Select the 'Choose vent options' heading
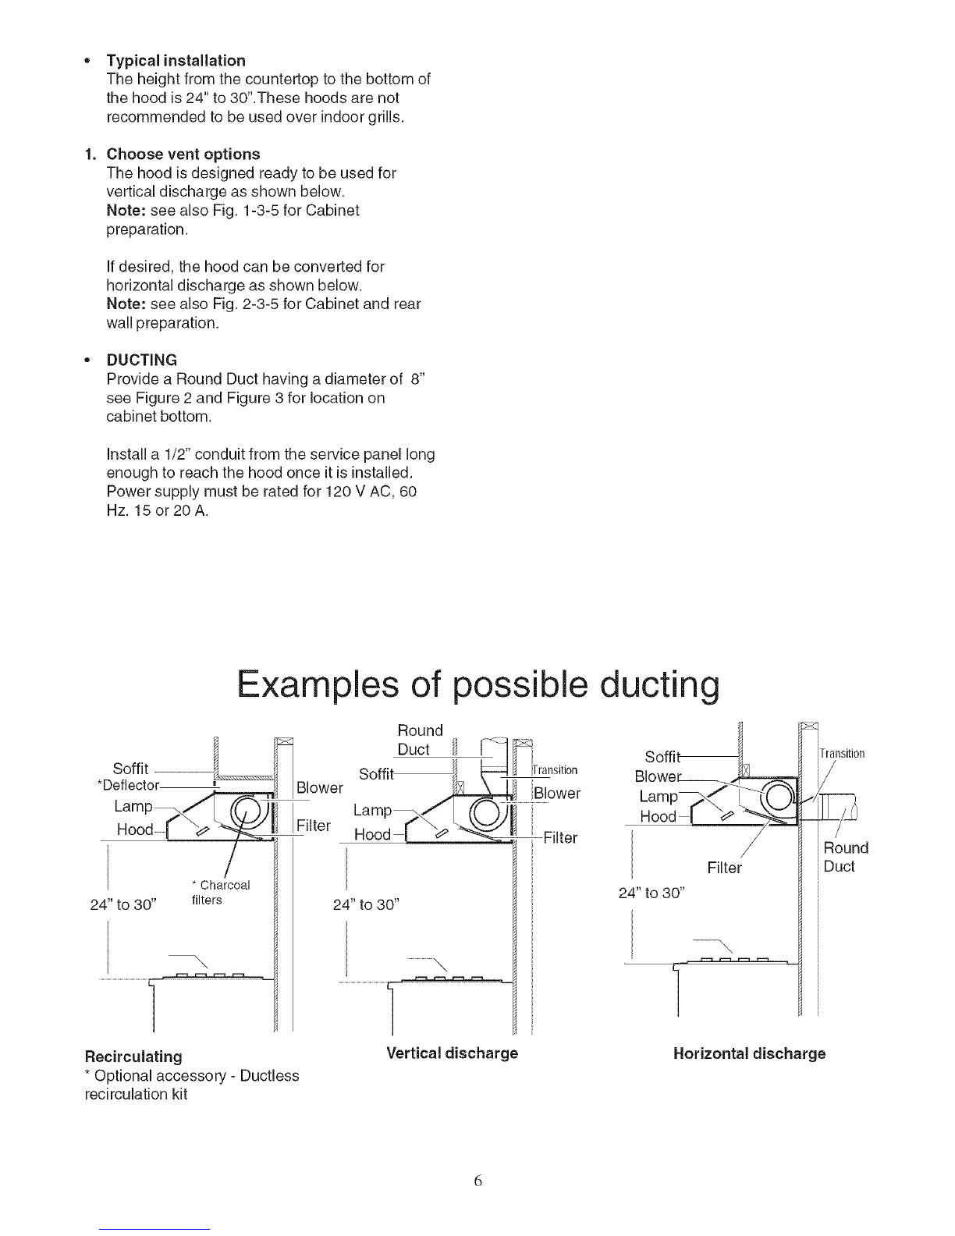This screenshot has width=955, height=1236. pyautogui.click(x=183, y=154)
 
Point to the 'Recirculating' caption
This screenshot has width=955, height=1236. pyautogui.click(x=133, y=1057)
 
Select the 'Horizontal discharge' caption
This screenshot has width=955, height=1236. pyautogui.click(x=748, y=1053)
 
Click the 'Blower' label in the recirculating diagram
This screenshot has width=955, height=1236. pyautogui.click(x=320, y=787)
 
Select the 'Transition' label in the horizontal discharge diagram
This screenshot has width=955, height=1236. pyautogui.click(x=842, y=754)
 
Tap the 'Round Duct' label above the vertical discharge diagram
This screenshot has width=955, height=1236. pyautogui.click(x=419, y=740)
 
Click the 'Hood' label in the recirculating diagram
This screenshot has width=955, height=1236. pyautogui.click(x=134, y=829)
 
